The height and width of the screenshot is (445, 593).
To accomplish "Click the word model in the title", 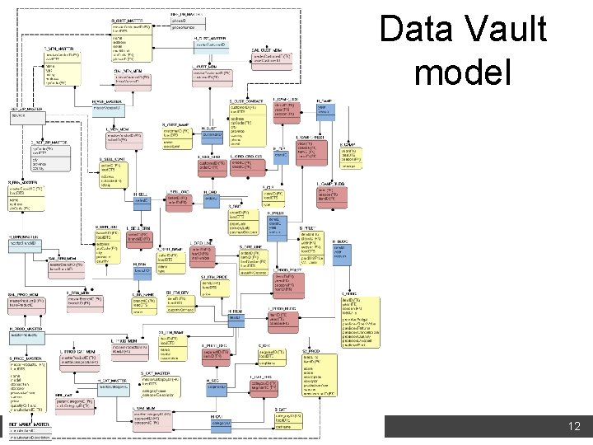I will (464, 73).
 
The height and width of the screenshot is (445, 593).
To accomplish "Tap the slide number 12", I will (575, 427).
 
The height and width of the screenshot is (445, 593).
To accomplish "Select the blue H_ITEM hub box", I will (236, 316).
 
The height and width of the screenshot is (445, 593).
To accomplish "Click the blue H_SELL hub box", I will (140, 199).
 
